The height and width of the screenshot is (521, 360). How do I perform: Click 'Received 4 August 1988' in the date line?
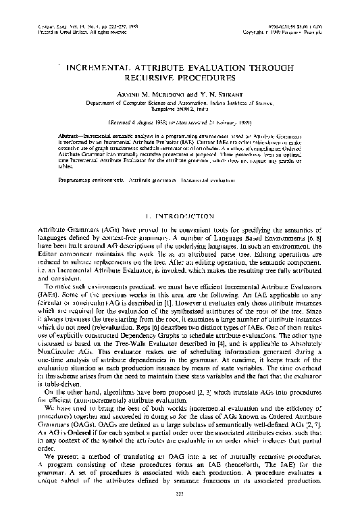138,123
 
